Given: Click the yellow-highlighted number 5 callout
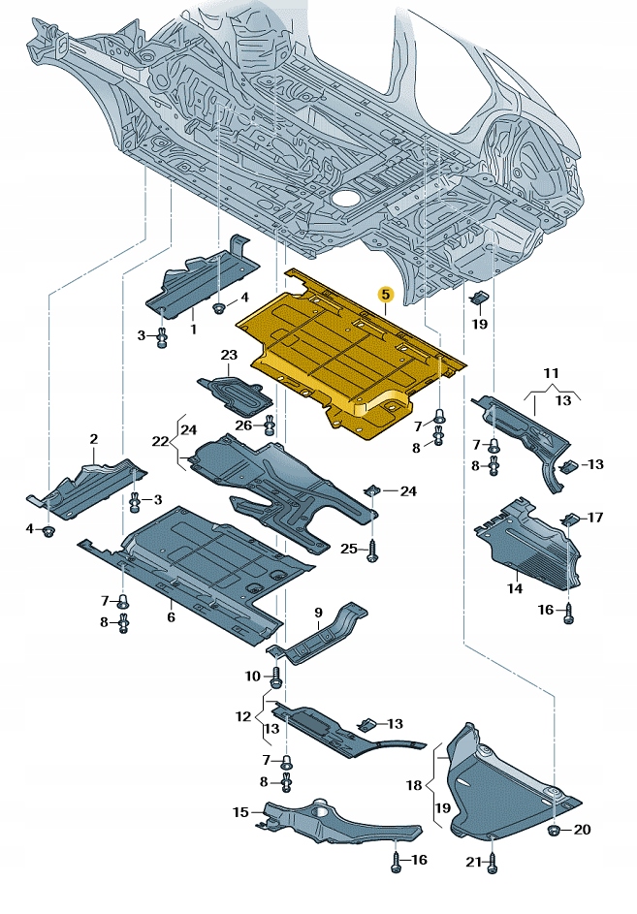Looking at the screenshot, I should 385,293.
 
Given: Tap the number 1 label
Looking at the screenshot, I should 193,330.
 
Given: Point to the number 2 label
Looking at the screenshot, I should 94,439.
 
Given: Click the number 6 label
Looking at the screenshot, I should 170,617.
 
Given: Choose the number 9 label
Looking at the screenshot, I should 317,612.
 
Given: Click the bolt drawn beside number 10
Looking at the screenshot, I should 275,675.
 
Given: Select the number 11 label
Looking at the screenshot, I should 551,372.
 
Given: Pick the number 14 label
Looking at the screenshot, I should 516,588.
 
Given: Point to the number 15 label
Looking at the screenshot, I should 240,811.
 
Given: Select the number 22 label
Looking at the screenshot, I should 161,441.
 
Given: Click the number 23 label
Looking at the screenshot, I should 228,355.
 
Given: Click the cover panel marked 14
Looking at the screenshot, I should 524,548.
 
